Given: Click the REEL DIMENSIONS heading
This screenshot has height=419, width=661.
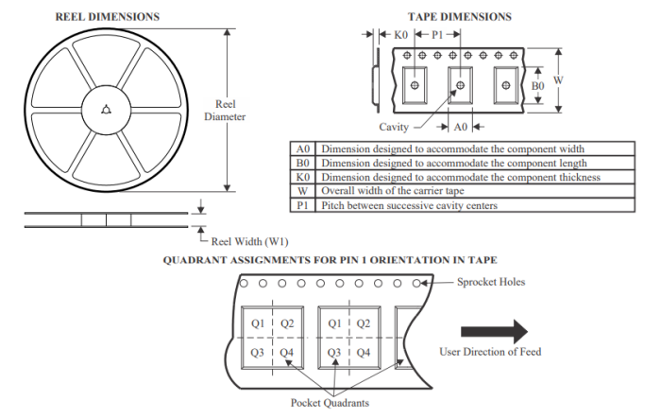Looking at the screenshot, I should point(107,16).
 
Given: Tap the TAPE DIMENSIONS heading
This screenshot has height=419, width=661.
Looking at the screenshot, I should point(459,16).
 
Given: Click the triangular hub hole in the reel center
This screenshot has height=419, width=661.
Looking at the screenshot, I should point(105,110).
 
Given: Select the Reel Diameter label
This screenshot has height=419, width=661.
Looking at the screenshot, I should point(225,111).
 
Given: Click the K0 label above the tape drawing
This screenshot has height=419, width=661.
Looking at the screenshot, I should point(400,35).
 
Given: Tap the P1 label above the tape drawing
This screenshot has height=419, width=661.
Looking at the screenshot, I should point(438,35).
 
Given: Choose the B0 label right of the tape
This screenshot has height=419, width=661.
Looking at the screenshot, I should point(537,85).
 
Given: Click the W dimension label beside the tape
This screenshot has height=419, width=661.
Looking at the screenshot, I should point(558,79).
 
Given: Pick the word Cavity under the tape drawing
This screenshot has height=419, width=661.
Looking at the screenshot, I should point(394,126).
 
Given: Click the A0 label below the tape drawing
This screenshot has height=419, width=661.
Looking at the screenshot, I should point(461,126).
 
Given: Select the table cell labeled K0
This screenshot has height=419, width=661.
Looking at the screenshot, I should point(303,177).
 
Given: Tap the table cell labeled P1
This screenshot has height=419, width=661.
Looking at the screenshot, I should point(303,205).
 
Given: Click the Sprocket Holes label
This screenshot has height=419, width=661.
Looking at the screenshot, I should point(492,282).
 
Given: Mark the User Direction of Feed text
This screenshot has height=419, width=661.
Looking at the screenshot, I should point(490,352).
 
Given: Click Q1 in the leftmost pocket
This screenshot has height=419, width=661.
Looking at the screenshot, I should point(257,324).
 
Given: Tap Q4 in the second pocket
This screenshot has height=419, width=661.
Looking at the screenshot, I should point(363,353).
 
